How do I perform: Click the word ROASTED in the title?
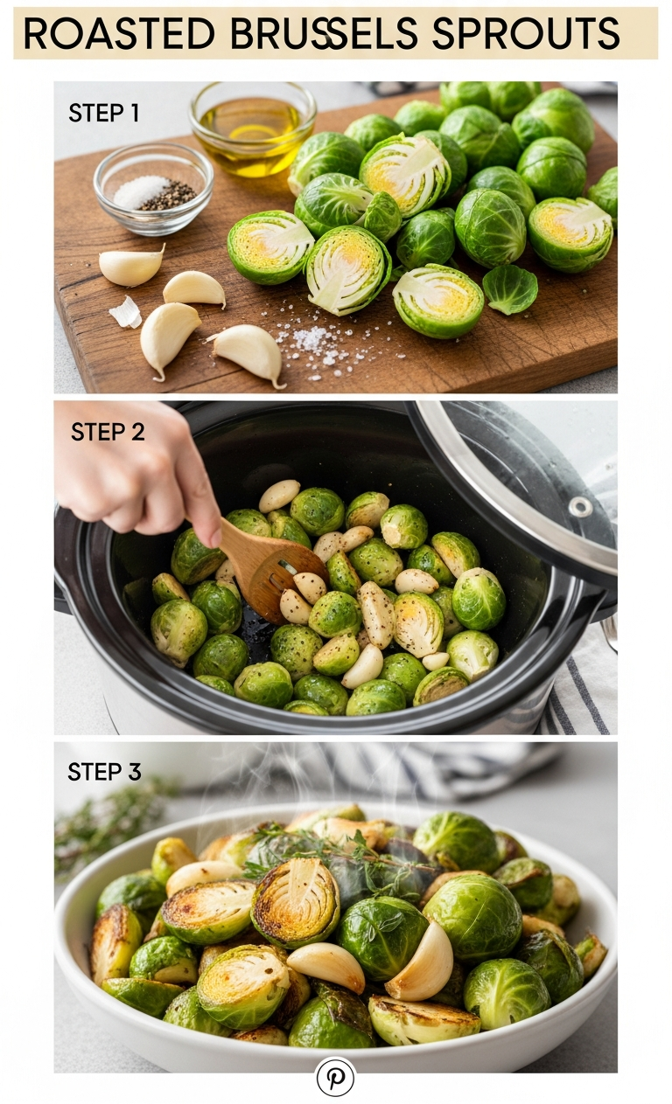pyautogui.click(x=119, y=33)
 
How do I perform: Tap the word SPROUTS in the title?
pyautogui.click(x=526, y=33)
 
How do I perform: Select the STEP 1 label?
pyautogui.click(x=103, y=114)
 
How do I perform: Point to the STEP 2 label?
pyautogui.click(x=108, y=432)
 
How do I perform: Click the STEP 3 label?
pyautogui.click(x=104, y=771)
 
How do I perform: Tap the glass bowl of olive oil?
pyautogui.click(x=253, y=128)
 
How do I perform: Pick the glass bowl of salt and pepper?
pyautogui.click(x=153, y=189)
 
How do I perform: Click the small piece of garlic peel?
pyautogui.click(x=125, y=312)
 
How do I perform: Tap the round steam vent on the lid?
pyautogui.click(x=581, y=506)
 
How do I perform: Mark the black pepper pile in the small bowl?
pyautogui.click(x=169, y=196)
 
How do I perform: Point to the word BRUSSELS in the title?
pyautogui.click(x=324, y=33)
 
